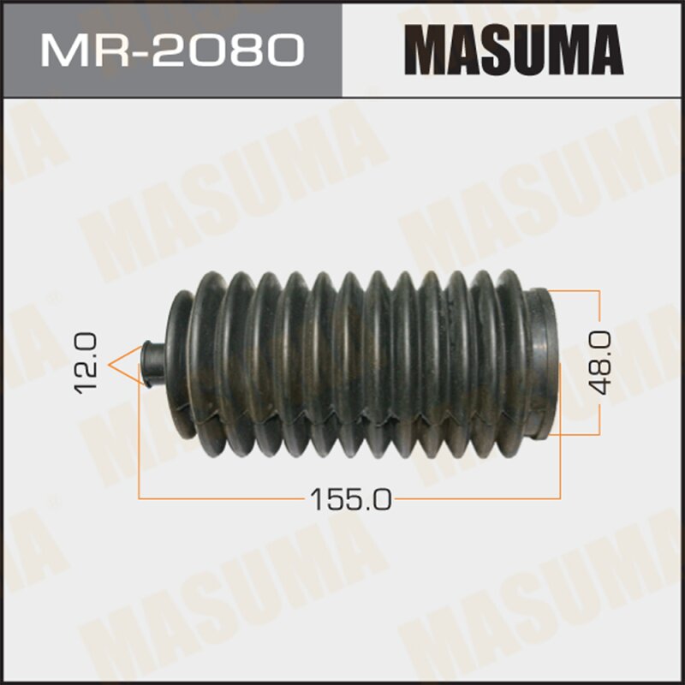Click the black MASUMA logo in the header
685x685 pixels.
514,51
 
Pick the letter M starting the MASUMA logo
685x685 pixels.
426,51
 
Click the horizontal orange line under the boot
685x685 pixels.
214,497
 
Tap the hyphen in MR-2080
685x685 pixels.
130,51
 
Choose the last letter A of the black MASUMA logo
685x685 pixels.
605,51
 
